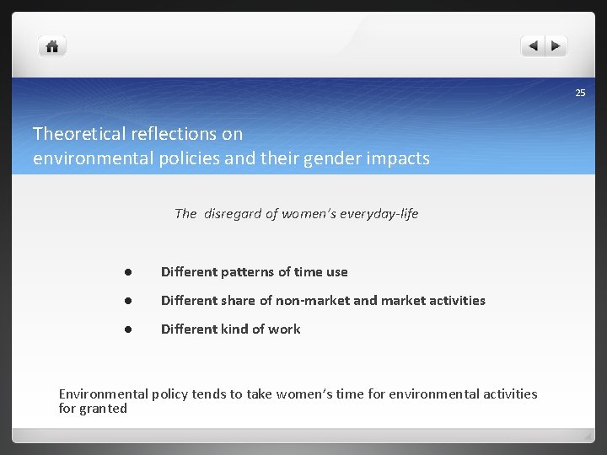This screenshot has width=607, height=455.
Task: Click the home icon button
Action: point(52,46)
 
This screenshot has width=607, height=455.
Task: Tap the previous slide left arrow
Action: point(533,46)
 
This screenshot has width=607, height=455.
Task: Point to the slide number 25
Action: point(580,93)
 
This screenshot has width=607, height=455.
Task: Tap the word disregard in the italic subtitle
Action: point(233,213)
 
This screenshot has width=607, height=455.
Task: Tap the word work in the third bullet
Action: point(284,329)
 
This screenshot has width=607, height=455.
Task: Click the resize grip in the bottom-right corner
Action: point(588,436)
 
